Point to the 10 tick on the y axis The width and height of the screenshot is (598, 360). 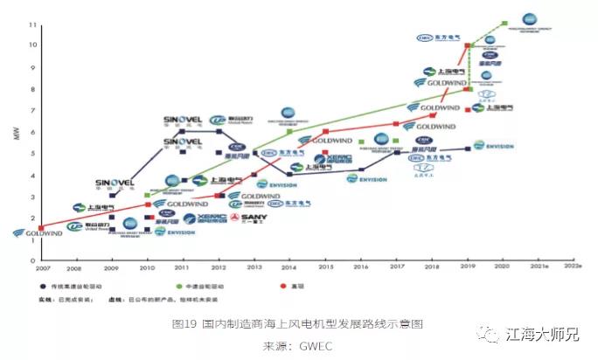click(32, 45)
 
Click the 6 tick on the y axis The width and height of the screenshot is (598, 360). click(32, 131)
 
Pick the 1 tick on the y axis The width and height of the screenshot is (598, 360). click(32, 239)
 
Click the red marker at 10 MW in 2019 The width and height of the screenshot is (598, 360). click(469, 45)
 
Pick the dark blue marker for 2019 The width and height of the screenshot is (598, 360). click(469, 149)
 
